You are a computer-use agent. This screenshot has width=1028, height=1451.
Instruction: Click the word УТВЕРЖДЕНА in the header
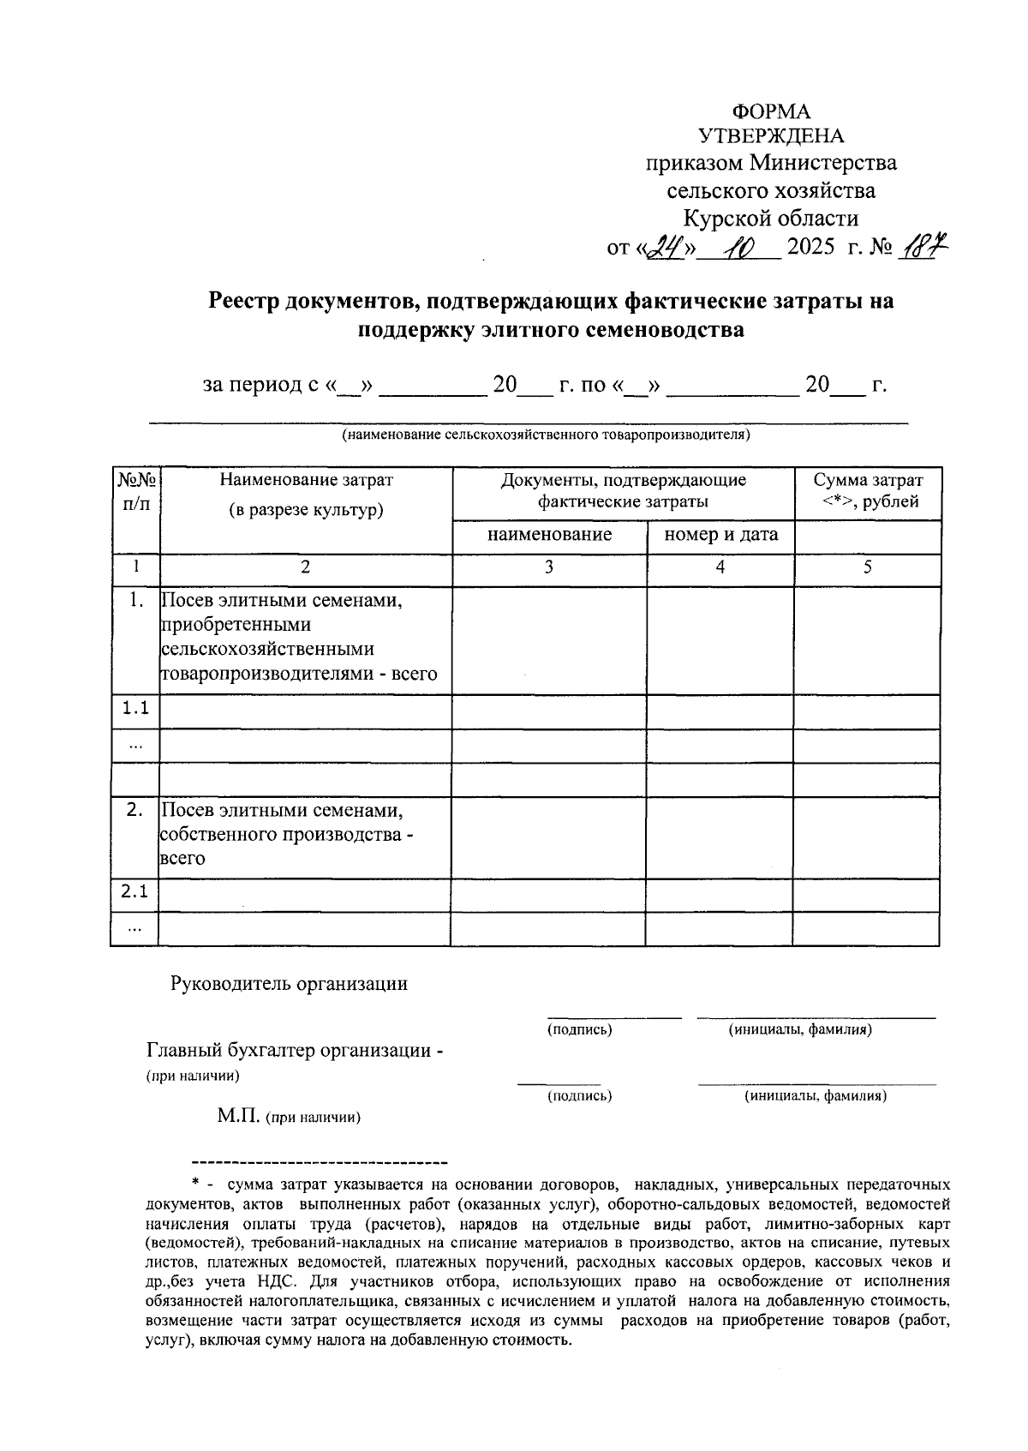[771, 137]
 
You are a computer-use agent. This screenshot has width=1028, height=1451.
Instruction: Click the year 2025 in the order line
[810, 249]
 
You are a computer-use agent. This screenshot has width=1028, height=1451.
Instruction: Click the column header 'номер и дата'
[721, 535]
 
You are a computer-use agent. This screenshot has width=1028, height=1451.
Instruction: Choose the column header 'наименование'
[549, 535]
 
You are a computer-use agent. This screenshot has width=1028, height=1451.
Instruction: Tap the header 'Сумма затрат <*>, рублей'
[868, 490]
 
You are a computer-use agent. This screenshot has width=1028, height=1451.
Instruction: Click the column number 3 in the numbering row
[549, 567]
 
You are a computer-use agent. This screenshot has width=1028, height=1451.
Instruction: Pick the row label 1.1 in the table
[135, 708]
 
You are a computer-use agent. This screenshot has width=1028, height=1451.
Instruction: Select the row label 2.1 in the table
[134, 892]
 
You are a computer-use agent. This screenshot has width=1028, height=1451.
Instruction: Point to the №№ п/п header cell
[136, 492]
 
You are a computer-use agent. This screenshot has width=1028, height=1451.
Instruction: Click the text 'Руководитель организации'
[290, 983]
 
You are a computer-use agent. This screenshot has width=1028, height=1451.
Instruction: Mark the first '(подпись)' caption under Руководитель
[580, 1029]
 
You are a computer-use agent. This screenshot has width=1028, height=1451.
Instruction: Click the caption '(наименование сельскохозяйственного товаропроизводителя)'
[546, 435]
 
